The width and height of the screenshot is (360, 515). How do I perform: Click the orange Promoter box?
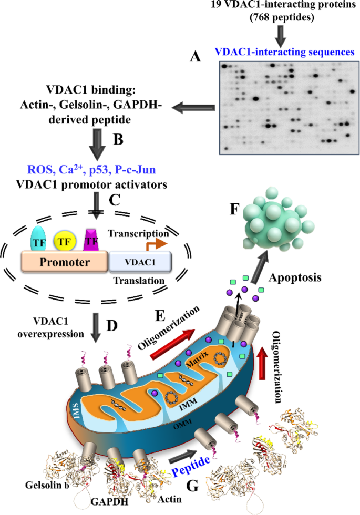point(64,261)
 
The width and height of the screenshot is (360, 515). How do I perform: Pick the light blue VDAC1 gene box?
point(140,261)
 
